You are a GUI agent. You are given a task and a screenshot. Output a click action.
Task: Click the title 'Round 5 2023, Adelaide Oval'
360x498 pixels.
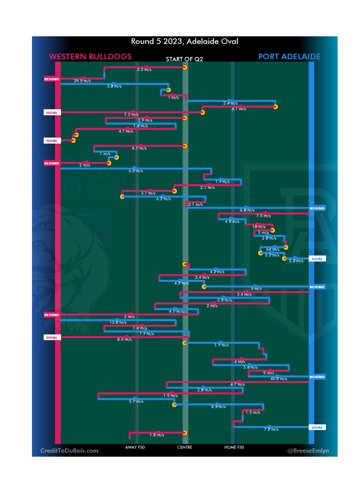(184, 41)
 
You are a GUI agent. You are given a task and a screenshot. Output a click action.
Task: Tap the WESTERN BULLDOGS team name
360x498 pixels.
(90, 57)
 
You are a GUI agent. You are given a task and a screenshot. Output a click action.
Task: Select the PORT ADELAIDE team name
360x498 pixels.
(289, 57)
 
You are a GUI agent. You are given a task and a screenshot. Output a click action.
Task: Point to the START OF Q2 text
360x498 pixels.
(184, 59)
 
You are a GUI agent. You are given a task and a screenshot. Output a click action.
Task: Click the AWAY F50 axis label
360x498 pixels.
(135, 447)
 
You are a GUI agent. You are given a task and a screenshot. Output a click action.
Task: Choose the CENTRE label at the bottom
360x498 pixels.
(185, 447)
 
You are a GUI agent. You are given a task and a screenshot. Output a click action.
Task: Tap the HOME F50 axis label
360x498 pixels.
(234, 447)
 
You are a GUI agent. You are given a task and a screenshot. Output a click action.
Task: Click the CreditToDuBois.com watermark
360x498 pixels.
(69, 451)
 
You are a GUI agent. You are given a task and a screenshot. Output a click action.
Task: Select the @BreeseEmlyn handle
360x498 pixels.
(308, 451)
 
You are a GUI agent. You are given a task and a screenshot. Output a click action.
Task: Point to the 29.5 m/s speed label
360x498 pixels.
(82, 81)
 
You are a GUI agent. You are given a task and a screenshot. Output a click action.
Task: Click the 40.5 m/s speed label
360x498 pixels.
(279, 379)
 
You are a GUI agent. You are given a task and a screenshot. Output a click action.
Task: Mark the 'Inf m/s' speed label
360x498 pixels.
(273, 249)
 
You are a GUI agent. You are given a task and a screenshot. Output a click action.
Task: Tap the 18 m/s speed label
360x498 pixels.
(259, 227)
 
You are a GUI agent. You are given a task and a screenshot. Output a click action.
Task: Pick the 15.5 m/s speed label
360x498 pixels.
(118, 322)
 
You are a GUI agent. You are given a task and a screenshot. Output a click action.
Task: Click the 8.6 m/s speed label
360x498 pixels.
(124, 339)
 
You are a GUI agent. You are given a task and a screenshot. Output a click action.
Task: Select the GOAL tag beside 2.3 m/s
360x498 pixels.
(317, 259)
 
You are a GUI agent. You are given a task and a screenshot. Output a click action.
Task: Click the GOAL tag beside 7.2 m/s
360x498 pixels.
(317, 427)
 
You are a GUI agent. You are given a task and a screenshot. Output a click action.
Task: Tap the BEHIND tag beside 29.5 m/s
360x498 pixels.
(52, 79)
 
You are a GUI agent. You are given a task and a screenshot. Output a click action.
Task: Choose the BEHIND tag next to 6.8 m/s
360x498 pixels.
(317, 208)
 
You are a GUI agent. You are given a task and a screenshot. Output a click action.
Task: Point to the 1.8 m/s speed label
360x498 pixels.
(157, 435)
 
